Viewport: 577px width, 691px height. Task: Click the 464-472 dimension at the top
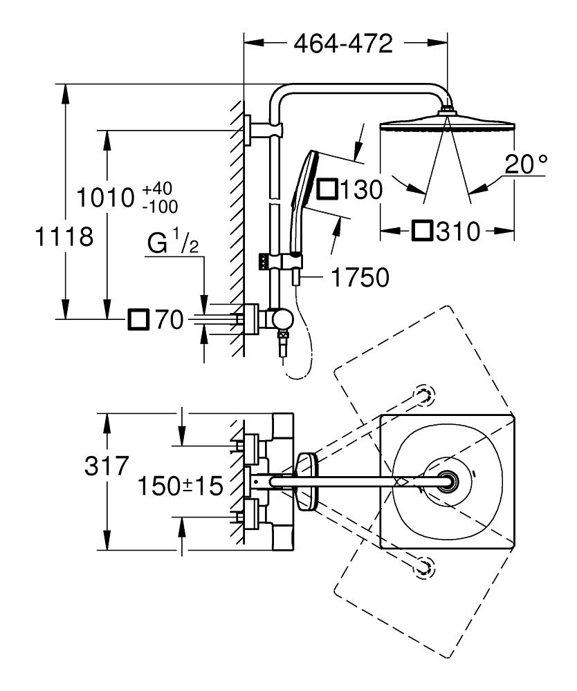tap(343, 44)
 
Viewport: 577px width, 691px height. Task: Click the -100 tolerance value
tap(159, 206)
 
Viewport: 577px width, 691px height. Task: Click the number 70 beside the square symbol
tap(169, 319)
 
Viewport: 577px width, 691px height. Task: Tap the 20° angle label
tap(525, 164)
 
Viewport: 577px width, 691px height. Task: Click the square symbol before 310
tap(423, 231)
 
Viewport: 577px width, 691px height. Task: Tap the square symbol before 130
tap(327, 189)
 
